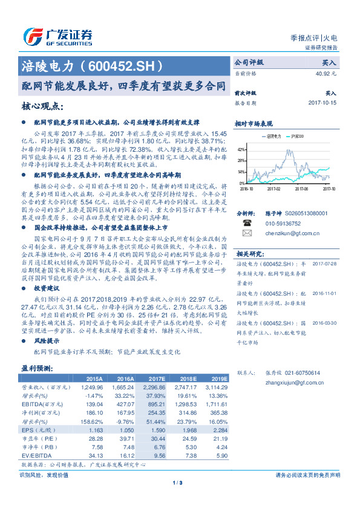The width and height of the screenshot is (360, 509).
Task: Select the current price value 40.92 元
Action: click(x=326, y=74)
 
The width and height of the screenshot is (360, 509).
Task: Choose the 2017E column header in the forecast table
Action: click(x=155, y=378)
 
